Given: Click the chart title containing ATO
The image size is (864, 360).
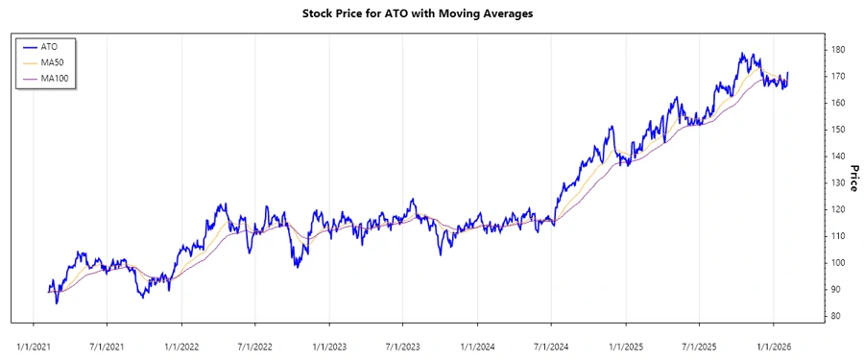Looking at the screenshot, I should click(431, 13).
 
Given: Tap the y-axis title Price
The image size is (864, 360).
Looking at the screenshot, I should click(852, 176).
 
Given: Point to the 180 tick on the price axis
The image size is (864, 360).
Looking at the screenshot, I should click(838, 49).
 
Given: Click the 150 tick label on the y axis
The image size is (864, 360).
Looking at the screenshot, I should click(838, 129).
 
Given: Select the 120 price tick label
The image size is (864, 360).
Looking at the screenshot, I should click(838, 209).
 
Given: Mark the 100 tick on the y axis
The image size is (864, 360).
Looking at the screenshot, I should click(838, 262).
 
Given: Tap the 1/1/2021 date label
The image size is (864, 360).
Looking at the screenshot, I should click(34, 341).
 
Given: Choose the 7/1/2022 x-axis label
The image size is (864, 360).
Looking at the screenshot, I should click(255, 341).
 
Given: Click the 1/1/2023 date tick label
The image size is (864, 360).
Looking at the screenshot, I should click(329, 341).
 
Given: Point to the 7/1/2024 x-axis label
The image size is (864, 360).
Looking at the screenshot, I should click(551, 341).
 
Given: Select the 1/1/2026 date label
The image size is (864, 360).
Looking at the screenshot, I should click(774, 341).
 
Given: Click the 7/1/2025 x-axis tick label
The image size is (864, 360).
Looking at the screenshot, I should click(700, 341).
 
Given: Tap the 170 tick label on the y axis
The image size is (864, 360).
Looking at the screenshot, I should click(838, 76).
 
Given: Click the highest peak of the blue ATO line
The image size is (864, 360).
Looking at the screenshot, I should click(742, 54).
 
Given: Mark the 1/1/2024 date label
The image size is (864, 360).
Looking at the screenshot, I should click(477, 341).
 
